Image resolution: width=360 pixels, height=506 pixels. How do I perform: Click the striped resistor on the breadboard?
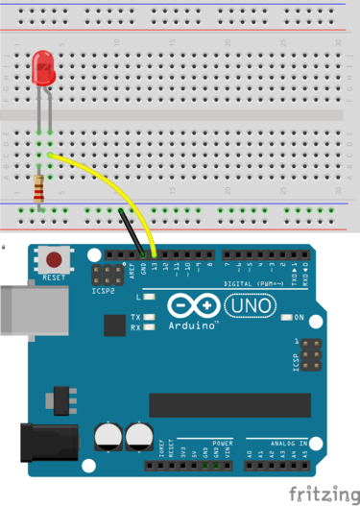(x=39, y=192)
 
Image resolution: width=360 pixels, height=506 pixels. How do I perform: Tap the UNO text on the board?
(x=250, y=306)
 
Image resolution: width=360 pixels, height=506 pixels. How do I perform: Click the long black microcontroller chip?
(x=229, y=405)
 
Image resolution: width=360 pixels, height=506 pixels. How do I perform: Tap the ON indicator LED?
(x=288, y=317)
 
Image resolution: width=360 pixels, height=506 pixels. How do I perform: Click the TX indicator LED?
(x=150, y=317)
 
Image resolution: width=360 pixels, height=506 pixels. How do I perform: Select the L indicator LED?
(x=150, y=299)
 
